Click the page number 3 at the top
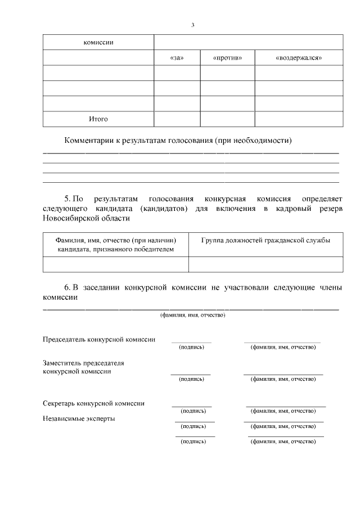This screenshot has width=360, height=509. click(x=192, y=25)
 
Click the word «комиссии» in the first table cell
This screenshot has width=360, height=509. click(x=98, y=43)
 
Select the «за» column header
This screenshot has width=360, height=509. click(x=177, y=58)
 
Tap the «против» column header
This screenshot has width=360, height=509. click(x=227, y=58)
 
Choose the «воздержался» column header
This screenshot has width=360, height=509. click(x=299, y=58)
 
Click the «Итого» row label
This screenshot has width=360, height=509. click(x=98, y=119)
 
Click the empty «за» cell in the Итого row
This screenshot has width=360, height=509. click(x=177, y=119)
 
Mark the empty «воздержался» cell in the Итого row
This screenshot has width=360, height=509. click(x=299, y=119)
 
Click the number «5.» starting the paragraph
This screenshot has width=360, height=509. click(x=69, y=199)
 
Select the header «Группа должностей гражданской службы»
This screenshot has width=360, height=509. click(x=265, y=240)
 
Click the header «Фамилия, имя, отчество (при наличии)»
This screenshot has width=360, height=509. click(x=115, y=240)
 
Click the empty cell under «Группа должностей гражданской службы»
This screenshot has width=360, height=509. click(x=265, y=264)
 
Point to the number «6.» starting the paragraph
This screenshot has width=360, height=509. click(x=69, y=287)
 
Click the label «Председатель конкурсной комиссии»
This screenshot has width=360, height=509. click(x=99, y=339)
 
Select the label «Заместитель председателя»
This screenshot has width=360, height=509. click(x=83, y=363)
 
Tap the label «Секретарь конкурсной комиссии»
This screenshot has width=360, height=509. click(x=93, y=403)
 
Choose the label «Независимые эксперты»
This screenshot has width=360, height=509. click(x=79, y=418)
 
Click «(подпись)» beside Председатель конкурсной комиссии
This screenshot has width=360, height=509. click(x=191, y=347)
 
